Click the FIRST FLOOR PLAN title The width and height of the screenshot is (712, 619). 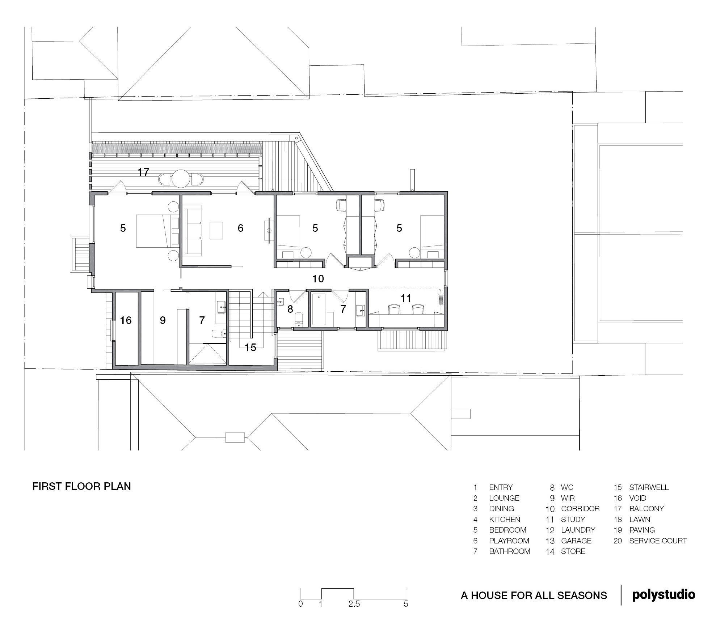pyautogui.click(x=81, y=486)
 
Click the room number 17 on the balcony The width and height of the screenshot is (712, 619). pyautogui.click(x=143, y=172)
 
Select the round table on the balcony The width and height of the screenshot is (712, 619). pyautogui.click(x=181, y=179)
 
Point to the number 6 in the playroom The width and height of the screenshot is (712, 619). pyautogui.click(x=240, y=228)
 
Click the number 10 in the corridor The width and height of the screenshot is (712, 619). pyautogui.click(x=318, y=279)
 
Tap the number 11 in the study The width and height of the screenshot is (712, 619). pyautogui.click(x=406, y=298)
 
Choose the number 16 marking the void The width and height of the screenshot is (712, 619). pyautogui.click(x=126, y=320)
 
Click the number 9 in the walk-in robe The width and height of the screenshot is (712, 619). pyautogui.click(x=163, y=320)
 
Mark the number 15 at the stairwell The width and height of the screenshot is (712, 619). pyautogui.click(x=250, y=347)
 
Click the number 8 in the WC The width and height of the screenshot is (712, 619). pyautogui.click(x=290, y=309)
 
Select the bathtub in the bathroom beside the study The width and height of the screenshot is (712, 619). pyautogui.click(x=319, y=309)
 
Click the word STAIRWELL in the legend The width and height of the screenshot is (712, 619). pyautogui.click(x=649, y=487)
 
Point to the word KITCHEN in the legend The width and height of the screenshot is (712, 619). pyautogui.click(x=505, y=520)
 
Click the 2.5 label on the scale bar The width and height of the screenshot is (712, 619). pyautogui.click(x=354, y=604)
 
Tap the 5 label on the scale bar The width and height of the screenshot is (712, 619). pyautogui.click(x=406, y=604)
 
